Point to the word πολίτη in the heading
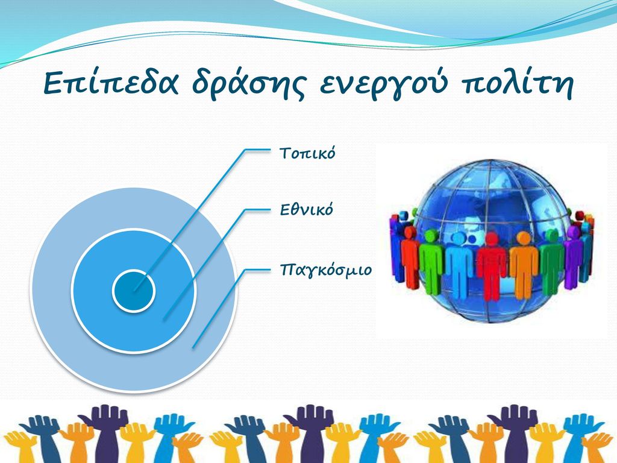(516, 83)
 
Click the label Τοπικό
(307, 153)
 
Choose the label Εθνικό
(306, 209)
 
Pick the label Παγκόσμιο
(325, 271)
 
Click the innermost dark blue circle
(133, 291)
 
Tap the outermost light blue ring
(51, 291)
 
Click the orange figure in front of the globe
(524, 265)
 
